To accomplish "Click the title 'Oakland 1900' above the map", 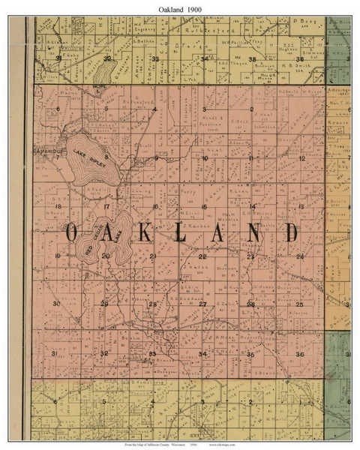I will point(180,7).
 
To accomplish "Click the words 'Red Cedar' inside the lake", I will point(96,241).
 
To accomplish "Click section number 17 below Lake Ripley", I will point(107,206).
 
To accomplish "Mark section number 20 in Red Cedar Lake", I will point(106,256).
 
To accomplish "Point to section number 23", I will point(250,256).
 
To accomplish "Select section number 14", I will point(253,206).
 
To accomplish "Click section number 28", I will point(152,304).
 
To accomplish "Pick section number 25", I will point(299,304).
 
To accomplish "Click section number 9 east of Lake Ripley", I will point(156,158).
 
